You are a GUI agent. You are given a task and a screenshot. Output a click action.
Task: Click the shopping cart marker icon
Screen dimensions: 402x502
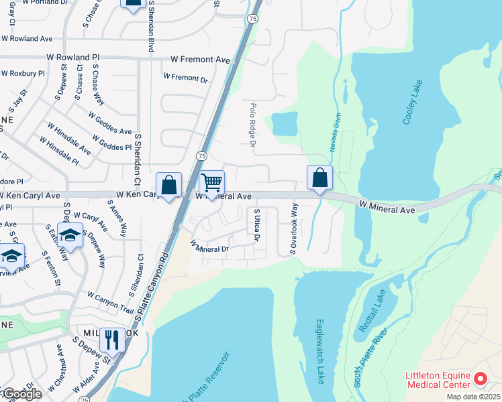click(x=211, y=182)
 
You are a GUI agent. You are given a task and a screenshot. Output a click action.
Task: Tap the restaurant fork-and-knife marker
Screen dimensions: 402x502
click(x=112, y=340)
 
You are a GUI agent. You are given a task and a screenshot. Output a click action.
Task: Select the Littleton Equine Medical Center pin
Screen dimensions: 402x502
click(x=480, y=379)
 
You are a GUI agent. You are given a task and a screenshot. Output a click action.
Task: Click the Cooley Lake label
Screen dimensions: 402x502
click(x=412, y=102)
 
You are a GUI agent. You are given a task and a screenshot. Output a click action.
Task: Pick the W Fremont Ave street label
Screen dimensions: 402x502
click(x=200, y=60)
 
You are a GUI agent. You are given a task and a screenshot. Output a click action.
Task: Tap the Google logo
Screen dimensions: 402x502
click(x=21, y=394)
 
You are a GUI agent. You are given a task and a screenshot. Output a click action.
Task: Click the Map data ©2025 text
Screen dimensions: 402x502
click(x=474, y=397)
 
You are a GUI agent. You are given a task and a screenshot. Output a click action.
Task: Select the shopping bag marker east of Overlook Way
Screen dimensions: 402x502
click(x=320, y=178)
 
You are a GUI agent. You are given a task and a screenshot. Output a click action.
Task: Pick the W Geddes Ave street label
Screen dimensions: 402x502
click(x=111, y=121)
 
